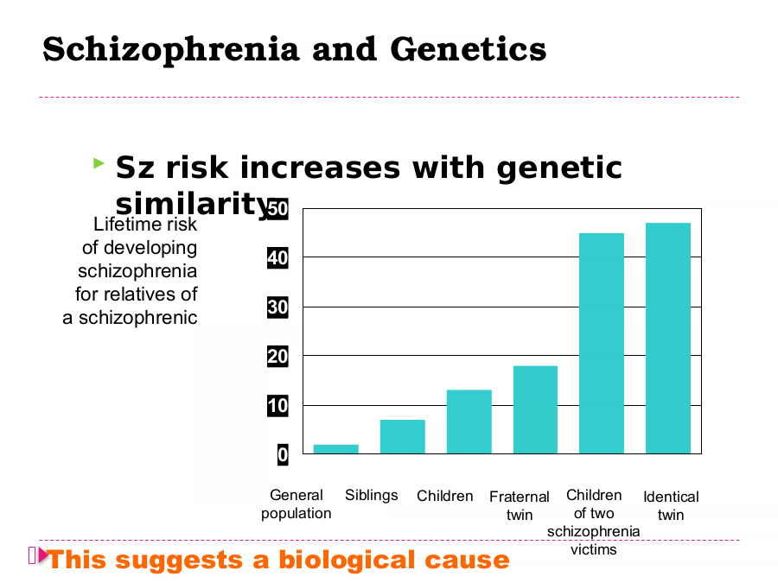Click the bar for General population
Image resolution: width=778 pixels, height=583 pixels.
336,449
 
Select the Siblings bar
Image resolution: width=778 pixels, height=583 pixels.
402,437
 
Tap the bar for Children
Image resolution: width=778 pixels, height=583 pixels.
469,421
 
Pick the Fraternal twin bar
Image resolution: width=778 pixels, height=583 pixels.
535,409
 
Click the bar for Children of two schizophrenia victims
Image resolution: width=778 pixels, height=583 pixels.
602,344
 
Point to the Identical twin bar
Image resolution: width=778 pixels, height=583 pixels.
668,338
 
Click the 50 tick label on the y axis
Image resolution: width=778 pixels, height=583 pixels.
277,209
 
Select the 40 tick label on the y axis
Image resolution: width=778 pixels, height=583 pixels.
277,257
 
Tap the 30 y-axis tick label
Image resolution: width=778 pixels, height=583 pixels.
277,307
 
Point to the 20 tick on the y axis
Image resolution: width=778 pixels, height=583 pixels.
277,357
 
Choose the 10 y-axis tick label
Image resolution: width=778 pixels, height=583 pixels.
277,406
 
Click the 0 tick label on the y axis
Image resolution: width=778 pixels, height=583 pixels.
283,454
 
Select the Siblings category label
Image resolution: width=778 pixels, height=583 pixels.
371,495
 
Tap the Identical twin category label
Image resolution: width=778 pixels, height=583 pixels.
671,505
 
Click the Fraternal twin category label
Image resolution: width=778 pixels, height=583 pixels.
520,505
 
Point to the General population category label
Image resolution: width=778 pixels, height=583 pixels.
297,504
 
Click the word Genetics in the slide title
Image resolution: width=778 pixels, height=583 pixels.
469,49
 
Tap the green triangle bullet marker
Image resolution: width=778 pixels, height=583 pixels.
99,162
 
